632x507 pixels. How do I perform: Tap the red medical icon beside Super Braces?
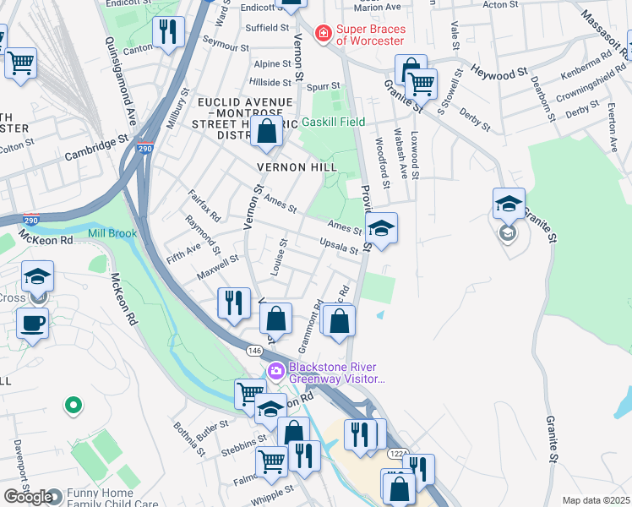pyautogui.click(x=322, y=34)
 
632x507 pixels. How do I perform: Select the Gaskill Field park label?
pyautogui.click(x=334, y=123)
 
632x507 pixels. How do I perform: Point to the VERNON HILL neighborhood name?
pyautogui.click(x=303, y=167)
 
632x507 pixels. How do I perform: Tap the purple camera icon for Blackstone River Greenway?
pyautogui.click(x=275, y=372)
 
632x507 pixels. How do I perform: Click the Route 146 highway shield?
pyautogui.click(x=254, y=349)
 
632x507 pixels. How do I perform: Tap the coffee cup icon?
pyautogui.click(x=33, y=324)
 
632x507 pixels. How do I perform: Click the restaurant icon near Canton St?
pyautogui.click(x=168, y=32)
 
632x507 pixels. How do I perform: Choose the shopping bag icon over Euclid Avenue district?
pyautogui.click(x=266, y=131)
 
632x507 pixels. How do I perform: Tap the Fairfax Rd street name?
pyautogui.click(x=204, y=204)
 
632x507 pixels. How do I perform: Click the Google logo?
pyautogui.click(x=27, y=497)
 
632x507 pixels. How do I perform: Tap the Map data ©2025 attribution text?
pyautogui.click(x=596, y=500)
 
